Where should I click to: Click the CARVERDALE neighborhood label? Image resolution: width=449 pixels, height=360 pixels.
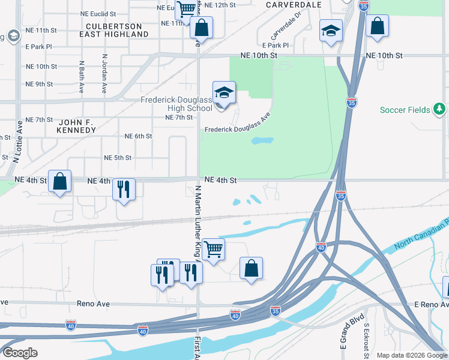(x=294, y=4)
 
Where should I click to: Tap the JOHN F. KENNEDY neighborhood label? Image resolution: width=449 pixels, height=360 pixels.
(x=76, y=125)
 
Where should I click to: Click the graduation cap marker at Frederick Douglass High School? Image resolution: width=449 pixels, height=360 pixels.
(x=223, y=94)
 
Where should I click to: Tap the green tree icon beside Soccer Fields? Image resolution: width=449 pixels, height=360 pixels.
(x=440, y=109)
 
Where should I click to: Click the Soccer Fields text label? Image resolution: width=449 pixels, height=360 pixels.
(x=405, y=110)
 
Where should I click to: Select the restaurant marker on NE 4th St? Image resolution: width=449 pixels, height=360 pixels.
(x=124, y=190)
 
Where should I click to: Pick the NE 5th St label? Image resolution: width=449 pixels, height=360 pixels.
(x=118, y=158)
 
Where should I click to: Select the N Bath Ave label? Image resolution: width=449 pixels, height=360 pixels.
(x=81, y=77)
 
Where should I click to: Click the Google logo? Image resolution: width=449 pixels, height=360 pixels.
(x=20, y=353)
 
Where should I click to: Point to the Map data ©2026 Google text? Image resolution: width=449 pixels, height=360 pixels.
(x=412, y=355)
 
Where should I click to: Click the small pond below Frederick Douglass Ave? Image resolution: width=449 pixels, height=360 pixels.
(x=262, y=141)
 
